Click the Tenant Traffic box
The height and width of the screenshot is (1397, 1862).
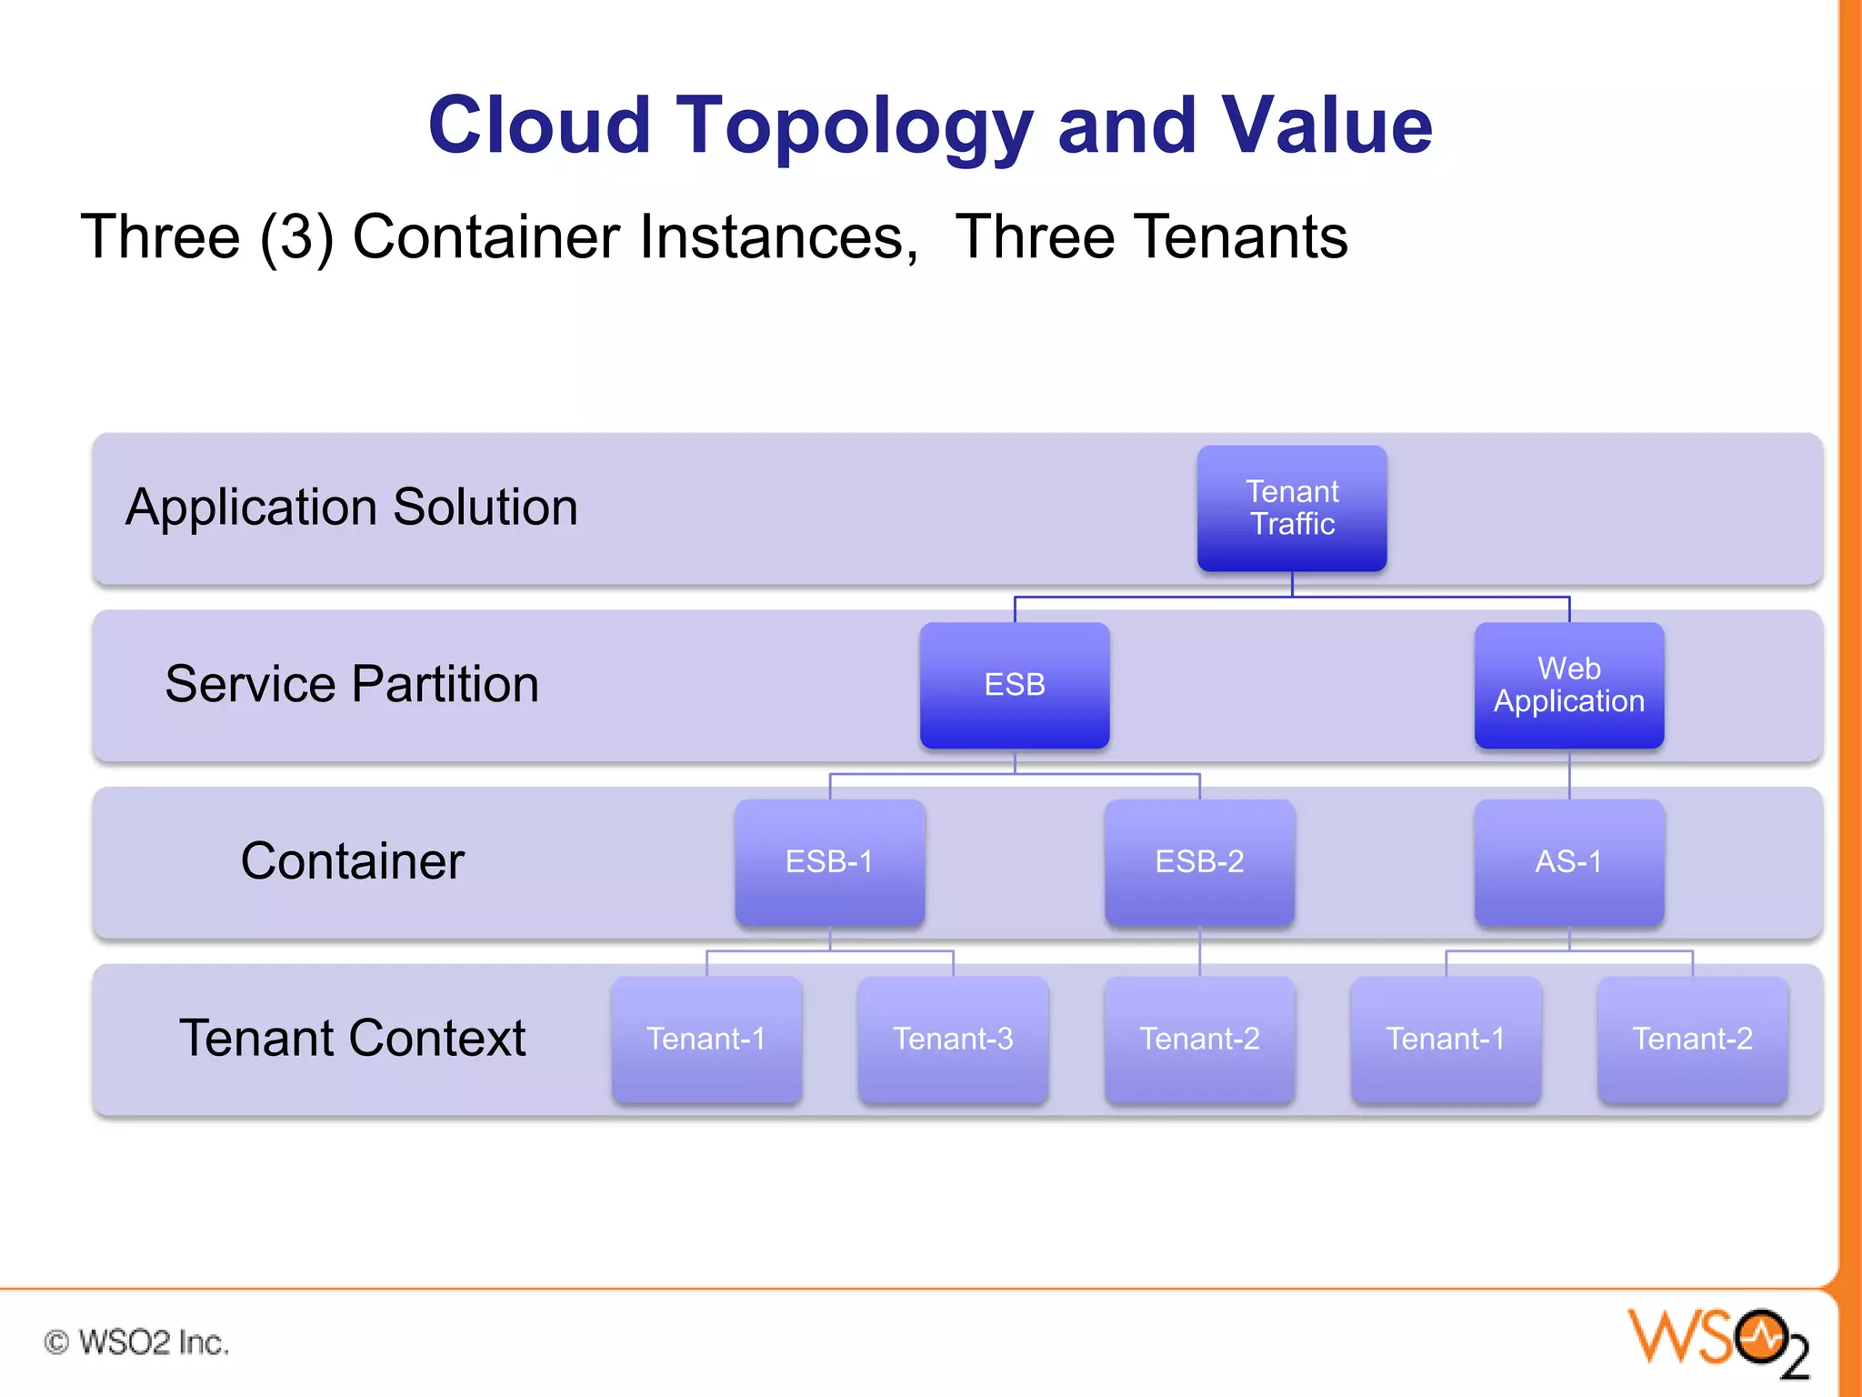(1292, 508)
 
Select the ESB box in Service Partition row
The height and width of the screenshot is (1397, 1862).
(1015, 685)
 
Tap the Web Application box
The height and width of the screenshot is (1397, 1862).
(1569, 685)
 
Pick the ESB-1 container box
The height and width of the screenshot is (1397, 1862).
(829, 861)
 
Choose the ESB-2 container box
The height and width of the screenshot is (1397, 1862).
(1199, 861)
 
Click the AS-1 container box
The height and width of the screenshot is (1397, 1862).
(1569, 861)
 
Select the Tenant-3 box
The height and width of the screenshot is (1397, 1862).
(953, 1039)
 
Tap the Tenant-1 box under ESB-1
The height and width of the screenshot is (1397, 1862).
(706, 1039)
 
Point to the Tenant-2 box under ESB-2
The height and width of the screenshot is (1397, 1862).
(1199, 1039)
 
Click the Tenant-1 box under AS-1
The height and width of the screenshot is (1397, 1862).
(1446, 1039)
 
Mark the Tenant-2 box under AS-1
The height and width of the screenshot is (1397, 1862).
(1692, 1039)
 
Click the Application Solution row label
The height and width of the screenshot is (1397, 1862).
(352, 507)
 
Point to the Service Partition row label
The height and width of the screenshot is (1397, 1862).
(352, 684)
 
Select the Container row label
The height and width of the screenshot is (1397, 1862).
(352, 860)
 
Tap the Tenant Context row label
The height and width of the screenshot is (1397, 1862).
(352, 1038)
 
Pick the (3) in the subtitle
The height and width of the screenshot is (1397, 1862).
(296, 237)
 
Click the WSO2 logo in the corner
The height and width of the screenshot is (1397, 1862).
(1718, 1342)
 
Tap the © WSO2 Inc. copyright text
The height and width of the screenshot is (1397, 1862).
(136, 1342)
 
